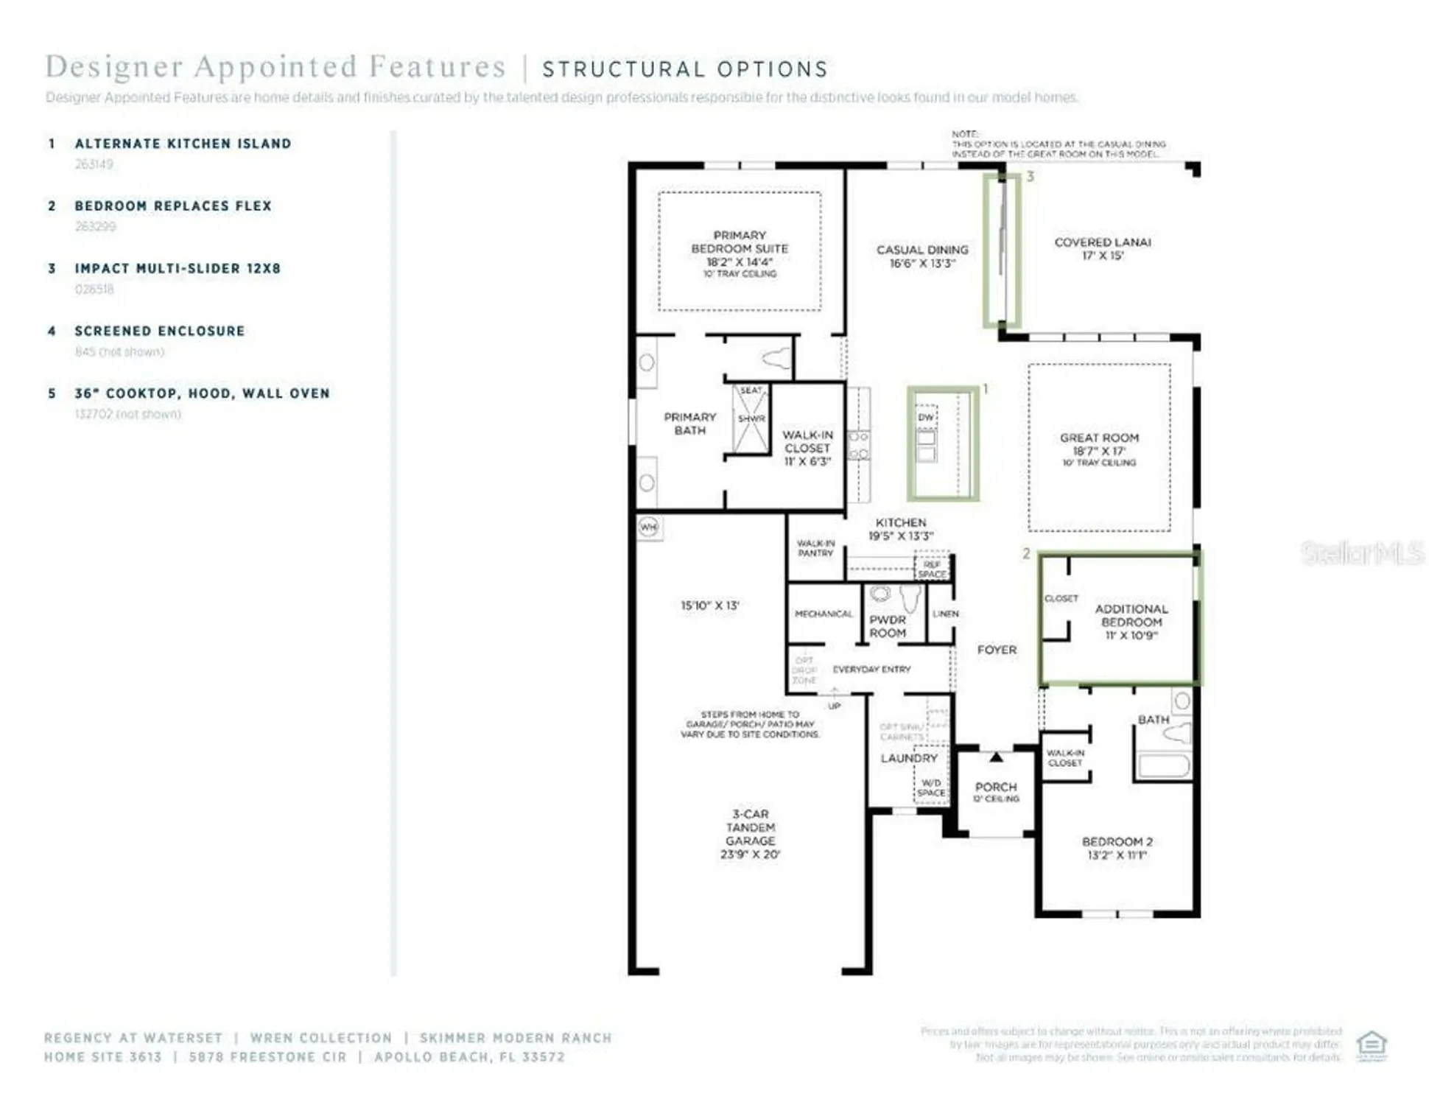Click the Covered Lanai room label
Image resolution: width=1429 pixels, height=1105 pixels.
[1102, 242]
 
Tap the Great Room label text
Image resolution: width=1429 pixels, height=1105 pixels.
[1099, 438]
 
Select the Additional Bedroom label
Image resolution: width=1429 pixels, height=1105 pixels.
[1131, 616]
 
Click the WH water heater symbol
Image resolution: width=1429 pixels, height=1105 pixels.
[648, 527]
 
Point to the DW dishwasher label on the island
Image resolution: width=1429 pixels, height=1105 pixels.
[926, 417]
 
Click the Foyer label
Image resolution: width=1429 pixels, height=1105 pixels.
[996, 650]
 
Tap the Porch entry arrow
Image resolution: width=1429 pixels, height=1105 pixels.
[996, 757]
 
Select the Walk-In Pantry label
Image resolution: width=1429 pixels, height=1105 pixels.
[815, 548]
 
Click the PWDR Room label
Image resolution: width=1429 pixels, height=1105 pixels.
[888, 626]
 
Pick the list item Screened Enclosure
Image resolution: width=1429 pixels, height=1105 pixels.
[159, 331]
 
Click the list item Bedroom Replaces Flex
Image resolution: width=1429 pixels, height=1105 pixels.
[173, 206]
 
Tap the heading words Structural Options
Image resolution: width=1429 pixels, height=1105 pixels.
[685, 69]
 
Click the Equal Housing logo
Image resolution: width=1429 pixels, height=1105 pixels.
[1372, 1045]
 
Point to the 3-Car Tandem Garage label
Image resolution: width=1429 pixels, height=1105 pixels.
[750, 827]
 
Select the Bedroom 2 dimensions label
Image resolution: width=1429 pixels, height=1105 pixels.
[1117, 855]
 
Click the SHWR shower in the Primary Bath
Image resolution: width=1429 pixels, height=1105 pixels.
[751, 418]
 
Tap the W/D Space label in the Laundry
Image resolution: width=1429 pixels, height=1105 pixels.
[931, 787]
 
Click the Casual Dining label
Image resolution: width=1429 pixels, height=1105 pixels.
[922, 250]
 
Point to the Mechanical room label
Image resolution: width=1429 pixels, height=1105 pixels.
[824, 614]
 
